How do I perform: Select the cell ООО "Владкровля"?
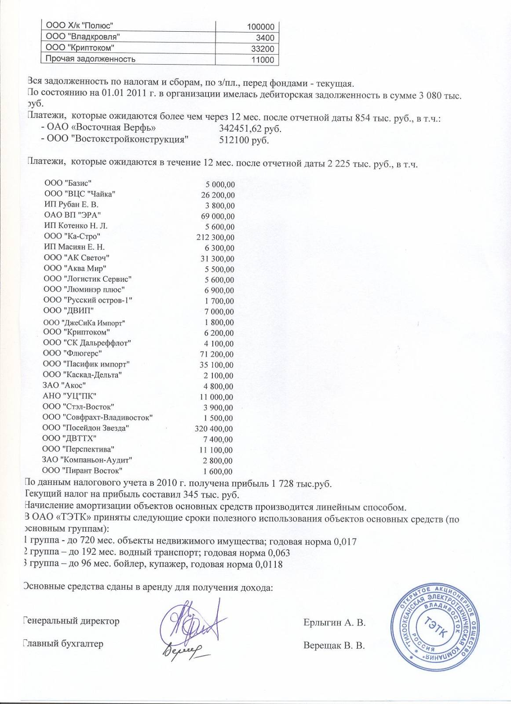80,37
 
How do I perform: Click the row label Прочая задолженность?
88,59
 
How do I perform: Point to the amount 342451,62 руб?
250,129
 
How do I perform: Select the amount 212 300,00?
215,238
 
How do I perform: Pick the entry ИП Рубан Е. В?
71,205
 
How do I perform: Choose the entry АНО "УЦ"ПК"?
69,396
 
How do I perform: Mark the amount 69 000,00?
218,216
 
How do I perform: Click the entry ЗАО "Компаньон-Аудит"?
88,460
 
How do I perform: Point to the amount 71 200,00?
217,354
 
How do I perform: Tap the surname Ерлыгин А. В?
334,623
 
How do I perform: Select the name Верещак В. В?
334,646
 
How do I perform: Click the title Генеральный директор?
71,621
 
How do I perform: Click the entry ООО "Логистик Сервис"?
88,279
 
